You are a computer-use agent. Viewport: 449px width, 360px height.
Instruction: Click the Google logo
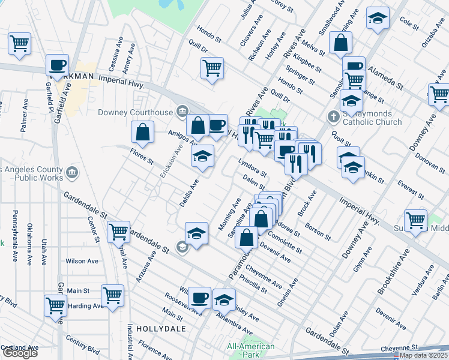pos(20,353)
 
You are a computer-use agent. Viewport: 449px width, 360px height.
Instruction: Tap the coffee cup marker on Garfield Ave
pos(58,65)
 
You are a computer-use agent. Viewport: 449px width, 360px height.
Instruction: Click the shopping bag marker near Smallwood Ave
pos(340,43)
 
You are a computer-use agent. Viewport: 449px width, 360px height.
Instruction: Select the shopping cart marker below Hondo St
pos(212,68)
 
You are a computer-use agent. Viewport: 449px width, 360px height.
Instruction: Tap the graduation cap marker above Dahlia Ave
pos(203,157)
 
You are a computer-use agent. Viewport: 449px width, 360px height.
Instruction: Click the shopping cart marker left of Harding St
pos(56,305)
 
